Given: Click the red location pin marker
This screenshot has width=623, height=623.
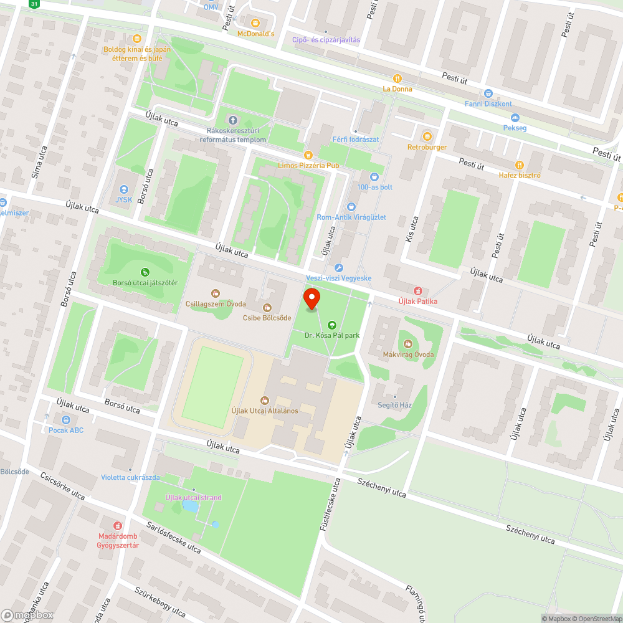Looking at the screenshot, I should [x=311, y=299].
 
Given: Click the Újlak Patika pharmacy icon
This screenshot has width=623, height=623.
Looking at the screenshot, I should [x=418, y=290].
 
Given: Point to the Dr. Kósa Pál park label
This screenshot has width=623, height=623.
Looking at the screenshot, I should [x=332, y=335].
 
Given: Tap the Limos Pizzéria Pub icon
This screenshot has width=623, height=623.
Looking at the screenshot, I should [x=307, y=155].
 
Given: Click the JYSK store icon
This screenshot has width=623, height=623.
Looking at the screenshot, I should [x=123, y=189].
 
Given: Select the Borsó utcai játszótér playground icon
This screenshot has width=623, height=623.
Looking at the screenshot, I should [x=145, y=272].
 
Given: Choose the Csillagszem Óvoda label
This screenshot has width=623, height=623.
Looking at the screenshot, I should [x=216, y=304].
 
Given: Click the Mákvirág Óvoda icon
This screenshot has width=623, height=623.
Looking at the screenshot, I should [x=408, y=344].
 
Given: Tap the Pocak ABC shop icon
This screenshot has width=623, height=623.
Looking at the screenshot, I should [x=66, y=419].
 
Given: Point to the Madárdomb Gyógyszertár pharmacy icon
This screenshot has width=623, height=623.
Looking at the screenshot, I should [x=118, y=526].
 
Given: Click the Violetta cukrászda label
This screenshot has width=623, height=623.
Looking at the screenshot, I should [x=130, y=478].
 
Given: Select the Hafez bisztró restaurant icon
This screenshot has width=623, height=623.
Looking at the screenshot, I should [x=519, y=164].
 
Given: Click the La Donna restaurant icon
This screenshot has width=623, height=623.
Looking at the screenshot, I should [x=397, y=78].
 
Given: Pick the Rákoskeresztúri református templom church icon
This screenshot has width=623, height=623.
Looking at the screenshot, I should [x=233, y=120].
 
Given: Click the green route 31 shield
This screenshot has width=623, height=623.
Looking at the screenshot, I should [x=34, y=4].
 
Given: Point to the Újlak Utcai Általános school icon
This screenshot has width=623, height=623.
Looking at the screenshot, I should [x=264, y=400].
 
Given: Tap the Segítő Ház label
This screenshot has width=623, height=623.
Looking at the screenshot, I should [x=394, y=405].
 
